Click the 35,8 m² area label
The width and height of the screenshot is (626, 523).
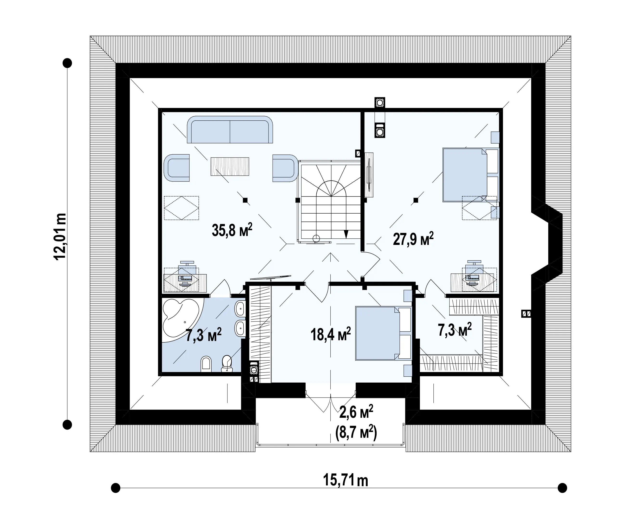(x=232, y=230)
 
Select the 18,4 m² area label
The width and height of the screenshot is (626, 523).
(x=331, y=334)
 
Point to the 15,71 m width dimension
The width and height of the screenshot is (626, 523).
(x=346, y=480)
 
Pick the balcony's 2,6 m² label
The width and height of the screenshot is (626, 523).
(x=356, y=413)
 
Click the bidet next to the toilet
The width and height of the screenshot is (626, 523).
(x=206, y=364)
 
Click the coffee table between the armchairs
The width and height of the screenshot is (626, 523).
(x=230, y=166)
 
